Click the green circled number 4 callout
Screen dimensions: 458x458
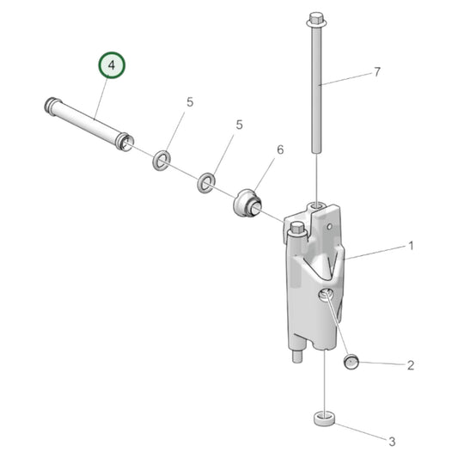coord(111,66)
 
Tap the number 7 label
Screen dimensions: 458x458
coord(376,73)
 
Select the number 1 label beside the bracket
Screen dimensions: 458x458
coord(411,246)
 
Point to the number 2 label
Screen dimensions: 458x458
coord(411,365)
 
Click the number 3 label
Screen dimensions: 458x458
coord(392,442)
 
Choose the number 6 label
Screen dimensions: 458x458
coord(279,150)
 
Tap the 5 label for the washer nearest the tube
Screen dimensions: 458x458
coord(190,102)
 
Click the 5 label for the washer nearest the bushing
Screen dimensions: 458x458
coord(239,125)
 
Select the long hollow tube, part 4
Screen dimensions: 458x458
coord(86,123)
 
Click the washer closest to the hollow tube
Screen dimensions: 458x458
coord(161,160)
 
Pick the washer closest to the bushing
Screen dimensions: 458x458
coord(206,182)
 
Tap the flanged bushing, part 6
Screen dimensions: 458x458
coord(247,205)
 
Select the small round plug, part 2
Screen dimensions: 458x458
coord(351,361)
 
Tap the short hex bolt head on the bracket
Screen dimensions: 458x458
coord(297,229)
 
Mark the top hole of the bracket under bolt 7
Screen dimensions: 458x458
coord(319,206)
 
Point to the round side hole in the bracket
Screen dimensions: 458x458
coord(325,296)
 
